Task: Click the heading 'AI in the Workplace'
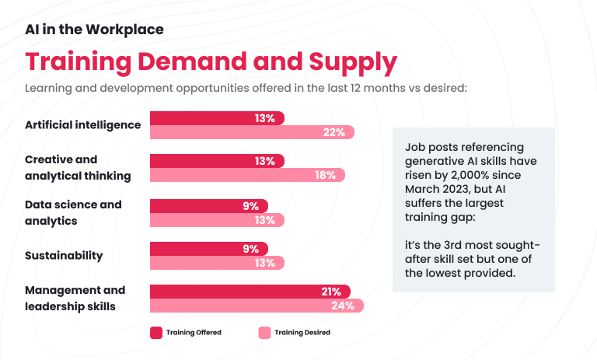(x=94, y=30)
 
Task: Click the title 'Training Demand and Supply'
(x=211, y=61)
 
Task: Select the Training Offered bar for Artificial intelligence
(x=217, y=118)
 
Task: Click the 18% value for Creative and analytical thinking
(x=325, y=176)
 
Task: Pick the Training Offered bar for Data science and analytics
(x=208, y=206)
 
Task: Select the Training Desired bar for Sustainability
(x=217, y=263)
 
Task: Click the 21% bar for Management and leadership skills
(x=250, y=292)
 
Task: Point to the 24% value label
(x=343, y=306)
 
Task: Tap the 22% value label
(x=333, y=132)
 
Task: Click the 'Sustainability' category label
(x=64, y=255)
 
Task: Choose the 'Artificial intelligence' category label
(x=82, y=124)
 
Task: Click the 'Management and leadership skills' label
(x=75, y=298)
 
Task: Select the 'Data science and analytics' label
(x=73, y=212)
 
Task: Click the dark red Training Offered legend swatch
(x=156, y=333)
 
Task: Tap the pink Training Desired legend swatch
(x=264, y=333)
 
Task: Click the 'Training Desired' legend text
(x=302, y=333)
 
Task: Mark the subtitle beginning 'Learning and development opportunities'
(x=246, y=87)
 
